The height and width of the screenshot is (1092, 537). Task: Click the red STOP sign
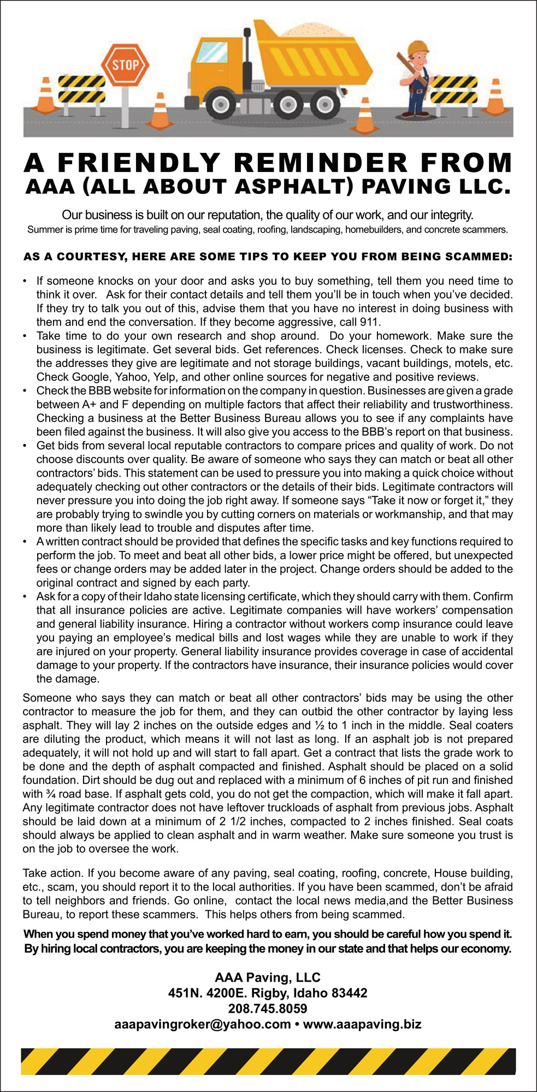(126, 65)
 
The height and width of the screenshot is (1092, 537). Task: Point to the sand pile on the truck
(316, 30)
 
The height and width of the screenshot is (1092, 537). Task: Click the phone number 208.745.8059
(268, 1008)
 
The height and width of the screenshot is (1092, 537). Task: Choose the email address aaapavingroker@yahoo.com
(202, 1024)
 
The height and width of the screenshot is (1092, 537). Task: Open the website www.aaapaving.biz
(362, 1024)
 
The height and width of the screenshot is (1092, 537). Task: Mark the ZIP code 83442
(350, 993)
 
